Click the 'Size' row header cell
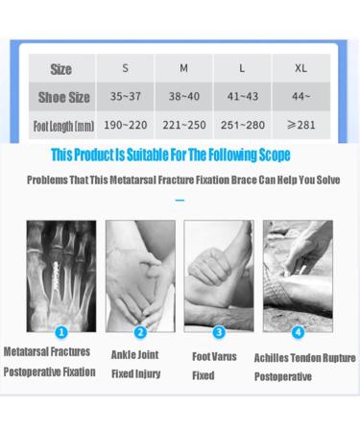pos(61,69)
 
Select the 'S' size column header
pos(125,68)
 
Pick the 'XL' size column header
pos(300,68)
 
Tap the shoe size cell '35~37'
pos(125,97)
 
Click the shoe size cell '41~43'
pos(242,97)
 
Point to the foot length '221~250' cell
pos(183,126)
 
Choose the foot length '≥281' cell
pos(300,126)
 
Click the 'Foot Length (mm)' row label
pos(63,126)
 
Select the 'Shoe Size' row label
pos(63,97)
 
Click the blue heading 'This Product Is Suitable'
pos(170,155)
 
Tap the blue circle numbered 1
pos(60,332)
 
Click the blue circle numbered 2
pos(140,332)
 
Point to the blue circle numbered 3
pos(219,332)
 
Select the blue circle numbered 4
pos(298,332)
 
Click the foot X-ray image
pos(60,275)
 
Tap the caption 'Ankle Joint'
pos(135,354)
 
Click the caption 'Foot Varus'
pos(214,356)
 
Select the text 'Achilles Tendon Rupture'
pos(304,357)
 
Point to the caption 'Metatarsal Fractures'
pos(47,352)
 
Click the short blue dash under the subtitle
pos(180,201)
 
